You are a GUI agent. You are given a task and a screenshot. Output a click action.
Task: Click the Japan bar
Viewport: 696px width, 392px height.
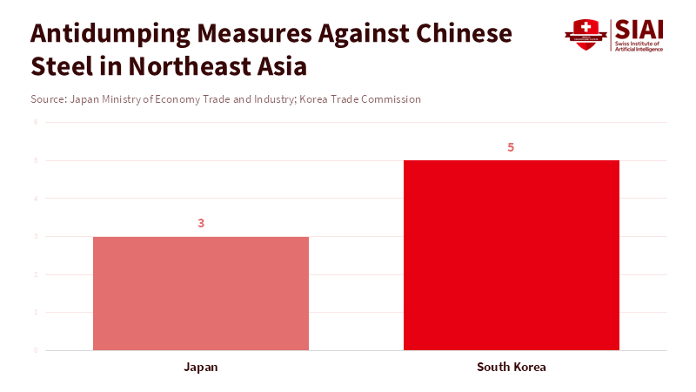coord(201,294)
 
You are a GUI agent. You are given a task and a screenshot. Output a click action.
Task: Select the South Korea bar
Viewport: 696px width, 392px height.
coord(512,255)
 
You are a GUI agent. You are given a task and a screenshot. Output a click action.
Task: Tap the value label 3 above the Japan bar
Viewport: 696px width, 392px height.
coord(201,223)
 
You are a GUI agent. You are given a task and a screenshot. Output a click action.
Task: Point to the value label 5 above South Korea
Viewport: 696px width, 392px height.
coord(512,147)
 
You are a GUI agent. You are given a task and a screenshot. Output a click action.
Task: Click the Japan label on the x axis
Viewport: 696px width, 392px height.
coord(201,367)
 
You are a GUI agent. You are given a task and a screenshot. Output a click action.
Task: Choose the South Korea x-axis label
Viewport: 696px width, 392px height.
coord(512,367)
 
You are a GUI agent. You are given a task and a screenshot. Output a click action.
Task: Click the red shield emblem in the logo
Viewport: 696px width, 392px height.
coord(586,35)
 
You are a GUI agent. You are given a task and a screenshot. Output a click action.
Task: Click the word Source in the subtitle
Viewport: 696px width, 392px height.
coord(48,99)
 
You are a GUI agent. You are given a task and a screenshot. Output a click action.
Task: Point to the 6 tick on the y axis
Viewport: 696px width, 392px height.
coord(36,122)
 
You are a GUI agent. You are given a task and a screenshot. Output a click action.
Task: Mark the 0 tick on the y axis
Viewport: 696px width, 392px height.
coord(36,350)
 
